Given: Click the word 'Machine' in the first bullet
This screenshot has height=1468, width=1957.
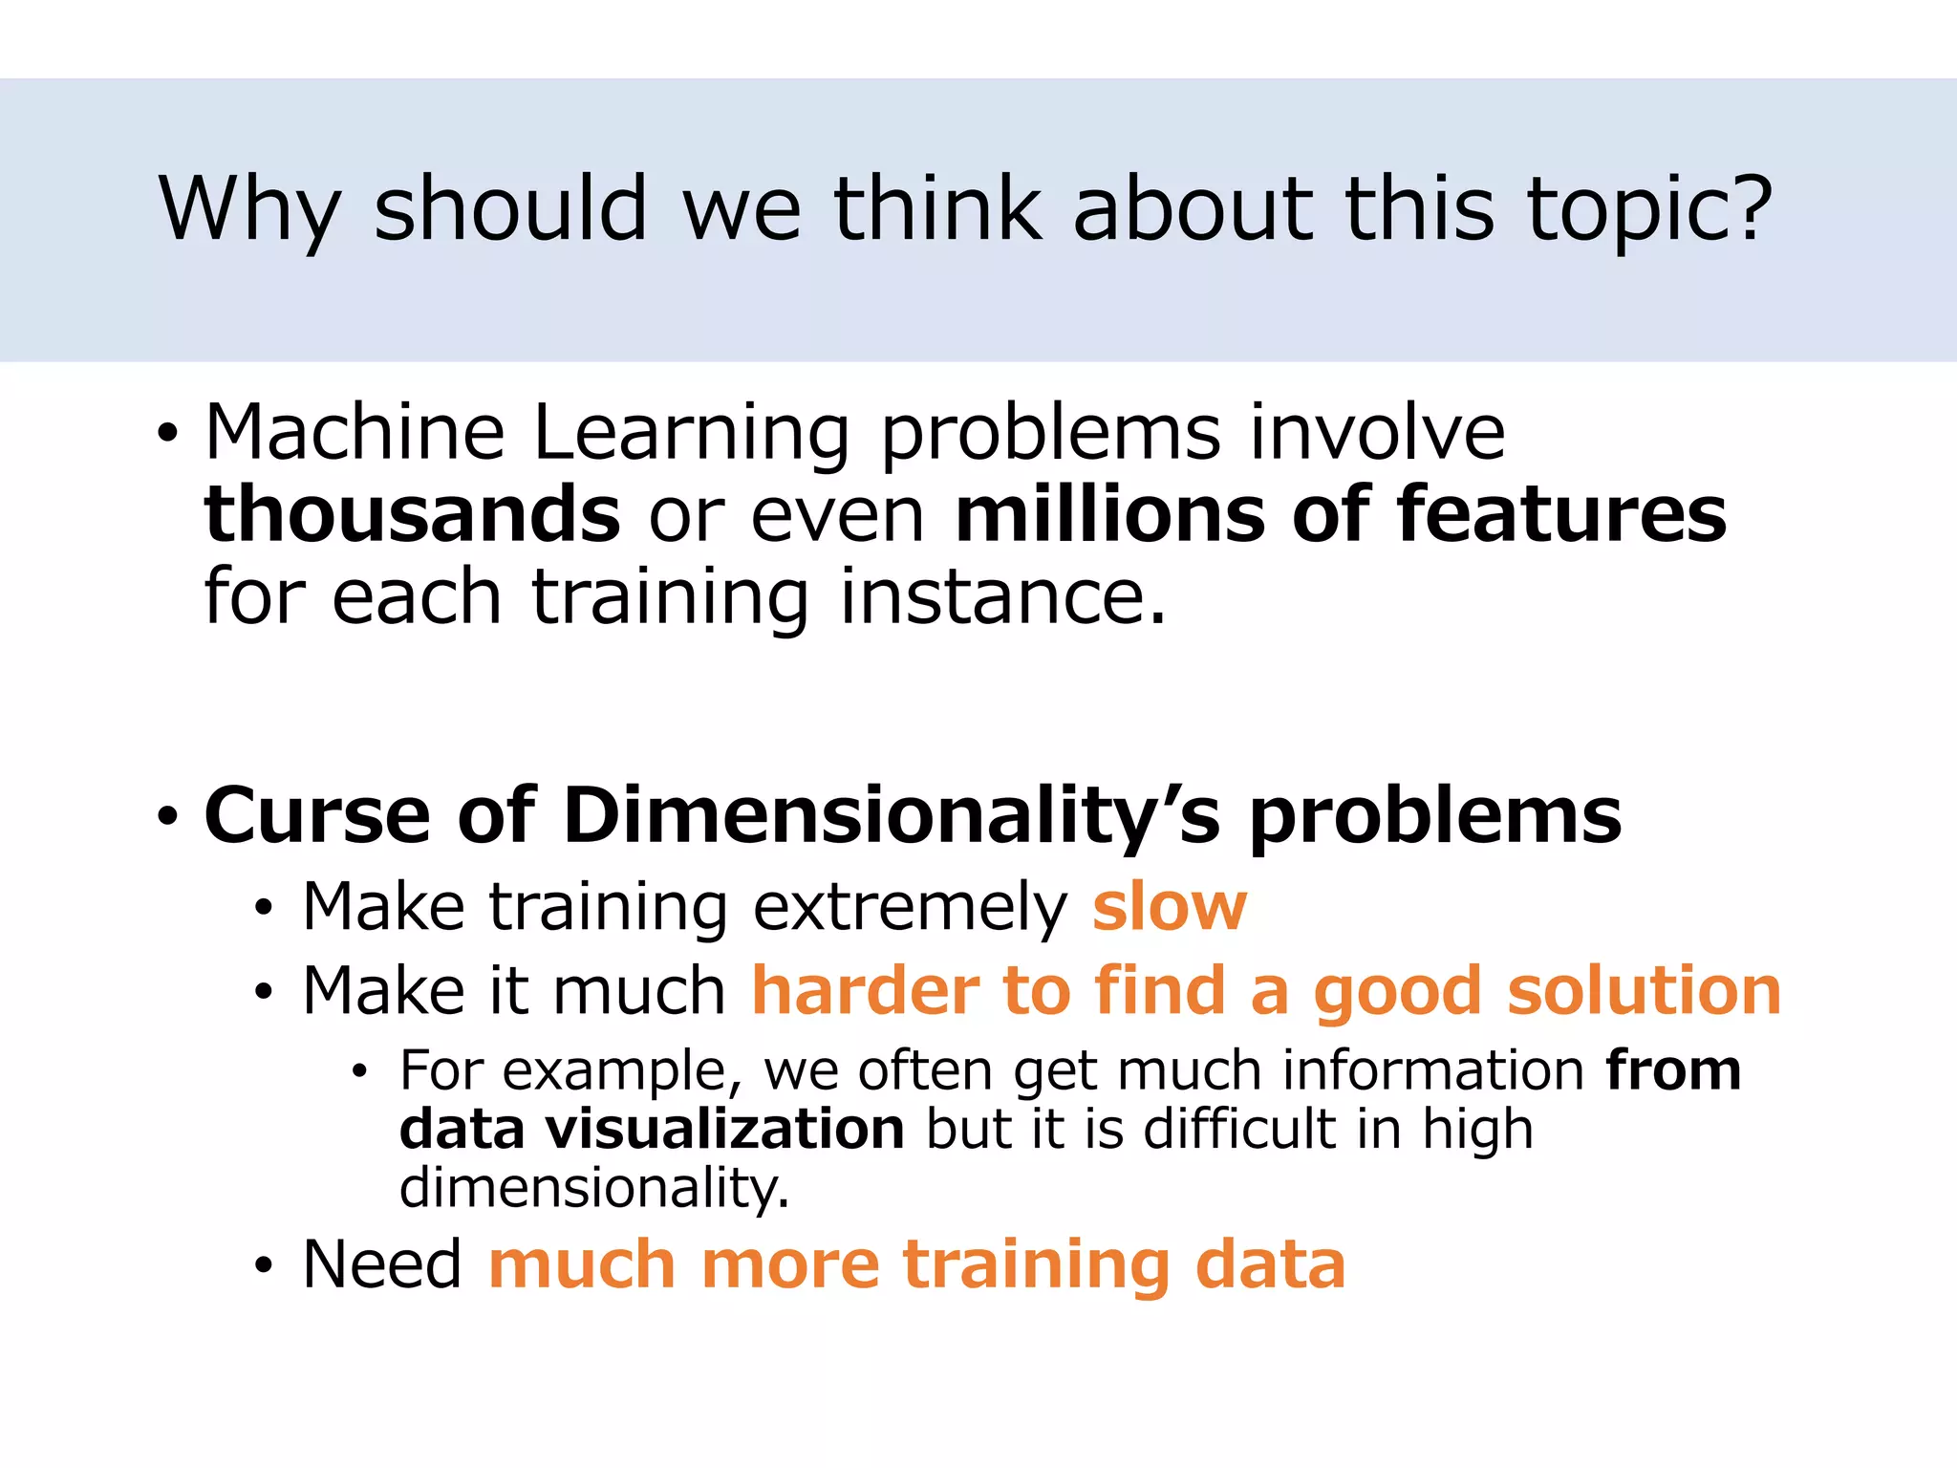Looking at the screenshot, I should [x=355, y=432].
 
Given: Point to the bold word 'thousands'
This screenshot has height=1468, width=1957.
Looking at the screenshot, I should [x=412, y=514].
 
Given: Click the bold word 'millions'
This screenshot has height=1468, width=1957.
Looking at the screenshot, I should [x=1109, y=514].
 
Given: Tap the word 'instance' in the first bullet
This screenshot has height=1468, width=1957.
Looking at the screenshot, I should [x=1002, y=596].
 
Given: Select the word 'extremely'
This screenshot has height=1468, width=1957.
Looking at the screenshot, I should [x=909, y=908].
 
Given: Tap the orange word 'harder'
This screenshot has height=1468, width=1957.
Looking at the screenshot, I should [x=866, y=990].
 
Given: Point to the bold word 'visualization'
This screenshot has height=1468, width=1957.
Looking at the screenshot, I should [x=724, y=1129].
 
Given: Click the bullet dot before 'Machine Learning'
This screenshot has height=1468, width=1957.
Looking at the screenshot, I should [x=168, y=435].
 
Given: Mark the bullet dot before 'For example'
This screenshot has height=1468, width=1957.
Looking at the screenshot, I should [x=358, y=1072].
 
